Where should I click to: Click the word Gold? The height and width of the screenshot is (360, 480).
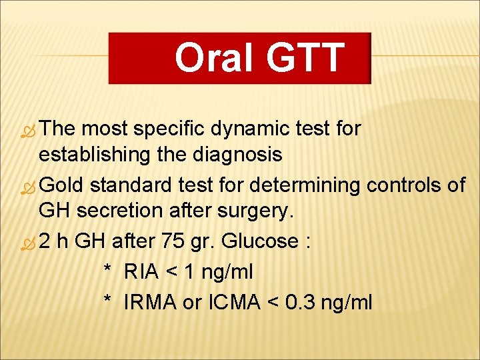pyautogui.click(x=65, y=184)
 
